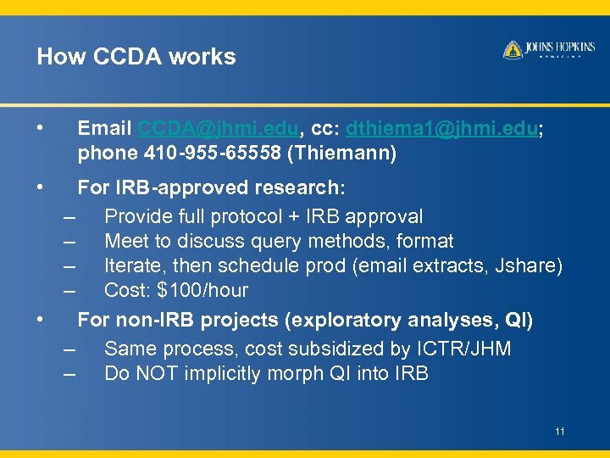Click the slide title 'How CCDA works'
136,57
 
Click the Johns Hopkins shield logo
513,50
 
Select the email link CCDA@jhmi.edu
219,129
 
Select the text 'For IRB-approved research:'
212,187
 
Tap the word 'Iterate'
130,266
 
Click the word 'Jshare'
528,266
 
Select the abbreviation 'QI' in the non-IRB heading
518,321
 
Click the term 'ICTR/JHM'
463,349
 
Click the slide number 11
560,432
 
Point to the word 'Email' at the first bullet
103,129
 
